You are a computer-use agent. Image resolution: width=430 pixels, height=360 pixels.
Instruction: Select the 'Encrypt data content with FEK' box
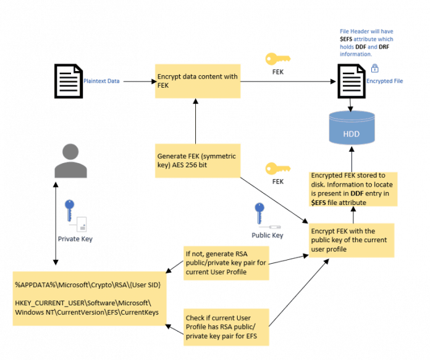coord(197,81)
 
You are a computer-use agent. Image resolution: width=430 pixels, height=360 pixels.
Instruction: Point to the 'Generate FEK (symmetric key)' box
coord(196,160)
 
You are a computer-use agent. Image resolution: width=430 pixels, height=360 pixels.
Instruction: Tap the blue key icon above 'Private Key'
coord(70,211)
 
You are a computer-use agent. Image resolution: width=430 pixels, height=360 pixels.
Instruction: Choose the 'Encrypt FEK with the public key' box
coord(351,240)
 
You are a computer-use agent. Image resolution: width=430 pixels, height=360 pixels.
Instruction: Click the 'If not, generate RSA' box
coord(226,262)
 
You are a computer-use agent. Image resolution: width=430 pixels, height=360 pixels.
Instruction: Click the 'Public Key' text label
coord(267,235)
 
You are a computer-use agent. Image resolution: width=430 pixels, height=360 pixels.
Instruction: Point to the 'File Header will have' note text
coord(366,43)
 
